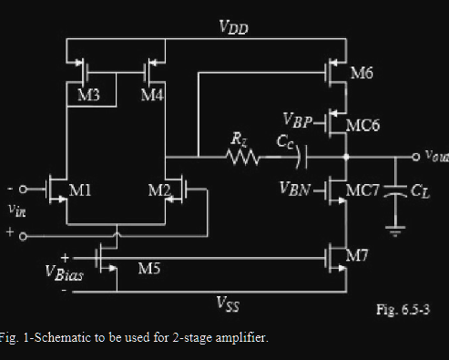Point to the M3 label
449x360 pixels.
[x=87, y=96]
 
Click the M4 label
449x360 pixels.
[x=152, y=96]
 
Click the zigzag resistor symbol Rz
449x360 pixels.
[x=243, y=159]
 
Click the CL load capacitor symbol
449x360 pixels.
[x=394, y=192]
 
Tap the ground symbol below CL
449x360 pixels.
[x=394, y=231]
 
